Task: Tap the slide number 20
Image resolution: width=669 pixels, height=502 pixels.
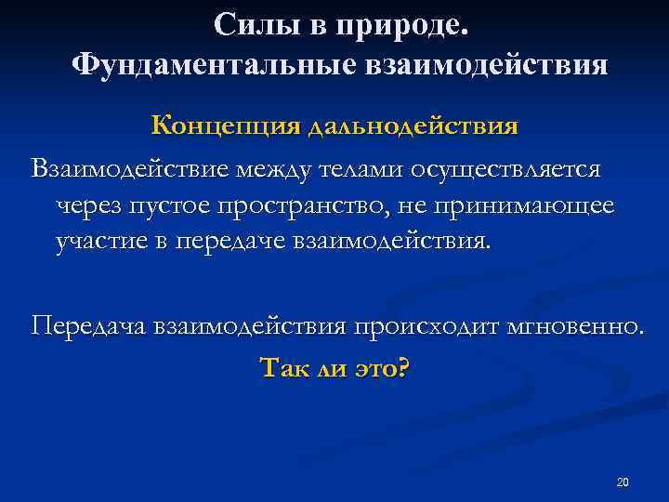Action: click(x=623, y=482)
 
